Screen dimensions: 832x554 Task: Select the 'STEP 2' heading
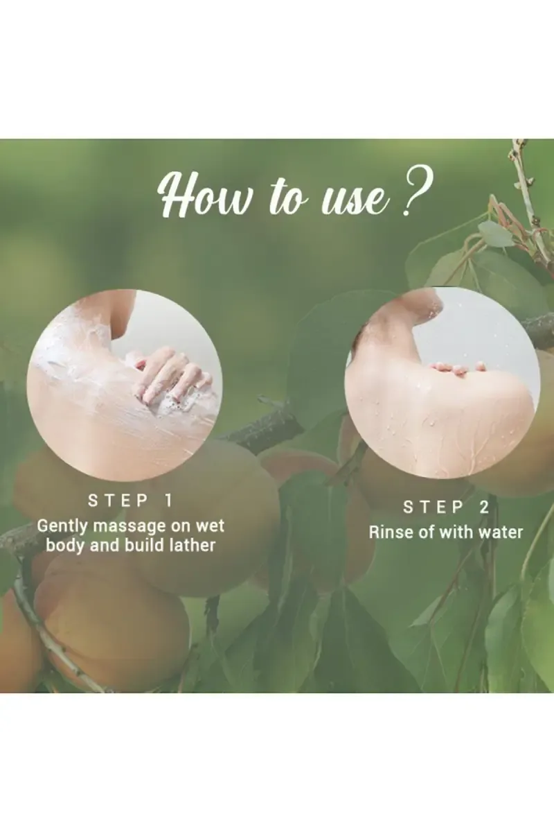446,508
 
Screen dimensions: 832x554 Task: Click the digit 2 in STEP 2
483,508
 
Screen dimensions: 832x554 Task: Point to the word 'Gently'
62,526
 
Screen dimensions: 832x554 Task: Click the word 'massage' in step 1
129,526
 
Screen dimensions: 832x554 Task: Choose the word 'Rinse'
389,532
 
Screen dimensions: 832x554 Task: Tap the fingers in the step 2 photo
457,367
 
